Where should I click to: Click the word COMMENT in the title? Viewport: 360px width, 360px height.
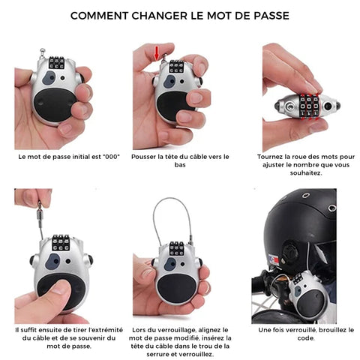(100, 16)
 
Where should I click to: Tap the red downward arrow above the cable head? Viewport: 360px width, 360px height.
(157, 52)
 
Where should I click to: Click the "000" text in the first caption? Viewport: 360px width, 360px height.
(112, 157)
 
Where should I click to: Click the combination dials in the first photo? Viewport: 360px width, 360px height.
(56, 62)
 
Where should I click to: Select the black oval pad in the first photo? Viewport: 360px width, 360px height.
(55, 103)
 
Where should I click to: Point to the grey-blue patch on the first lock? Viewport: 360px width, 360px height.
(49, 78)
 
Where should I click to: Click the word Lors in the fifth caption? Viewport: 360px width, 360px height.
(139, 330)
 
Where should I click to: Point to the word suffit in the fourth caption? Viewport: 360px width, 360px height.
(28, 330)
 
